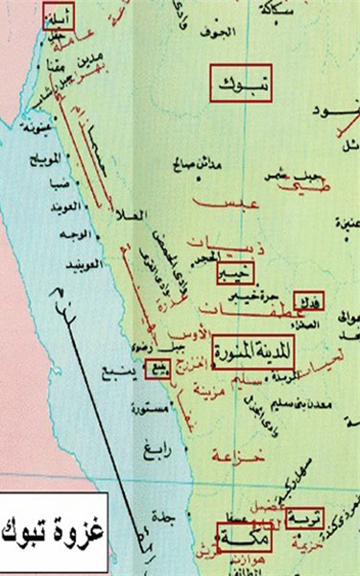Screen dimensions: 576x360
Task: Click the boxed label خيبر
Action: click(234, 273)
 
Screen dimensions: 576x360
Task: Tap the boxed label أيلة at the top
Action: click(57, 14)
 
